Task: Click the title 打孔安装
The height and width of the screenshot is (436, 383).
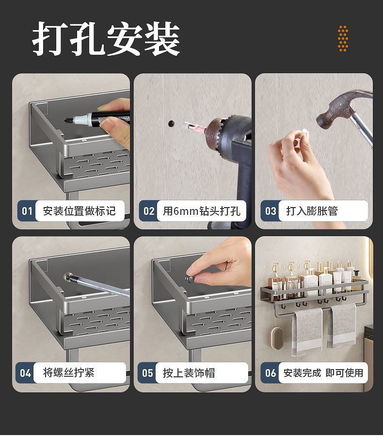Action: [x=106, y=39]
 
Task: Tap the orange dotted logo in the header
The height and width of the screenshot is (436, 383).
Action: [x=343, y=39]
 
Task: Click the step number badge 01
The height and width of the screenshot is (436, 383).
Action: [x=26, y=211]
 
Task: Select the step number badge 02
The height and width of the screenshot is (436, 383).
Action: [x=148, y=211]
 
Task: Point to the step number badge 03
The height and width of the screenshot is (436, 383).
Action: [x=270, y=211]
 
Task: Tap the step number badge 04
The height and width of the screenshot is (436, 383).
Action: [x=26, y=373]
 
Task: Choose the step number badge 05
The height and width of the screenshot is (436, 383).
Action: [x=147, y=373]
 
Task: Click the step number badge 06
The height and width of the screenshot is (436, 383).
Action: [x=270, y=373]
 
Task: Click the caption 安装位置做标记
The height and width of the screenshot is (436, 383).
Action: [x=79, y=211]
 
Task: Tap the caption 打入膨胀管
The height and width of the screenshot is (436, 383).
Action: [x=312, y=211]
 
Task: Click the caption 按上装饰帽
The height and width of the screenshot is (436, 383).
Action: [x=189, y=373]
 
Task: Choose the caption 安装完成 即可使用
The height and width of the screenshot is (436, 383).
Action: [x=323, y=373]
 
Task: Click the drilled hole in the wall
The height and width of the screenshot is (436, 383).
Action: [x=171, y=123]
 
